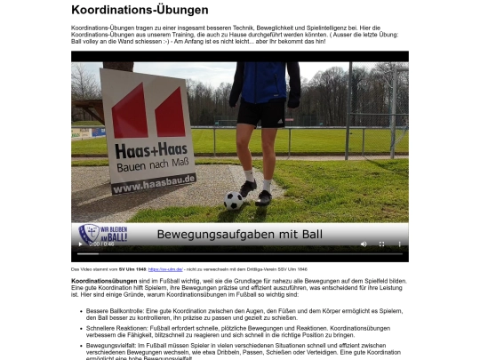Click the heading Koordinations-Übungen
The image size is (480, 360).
[x=140, y=11]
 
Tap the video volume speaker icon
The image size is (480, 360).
[x=363, y=244]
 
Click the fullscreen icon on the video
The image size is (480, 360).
[x=381, y=244]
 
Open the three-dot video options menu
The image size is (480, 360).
[x=399, y=244]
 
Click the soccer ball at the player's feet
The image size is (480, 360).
[x=234, y=201]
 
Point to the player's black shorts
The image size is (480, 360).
[x=261, y=114]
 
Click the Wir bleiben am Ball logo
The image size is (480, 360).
[x=103, y=233]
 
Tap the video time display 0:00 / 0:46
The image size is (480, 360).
[x=100, y=244]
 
